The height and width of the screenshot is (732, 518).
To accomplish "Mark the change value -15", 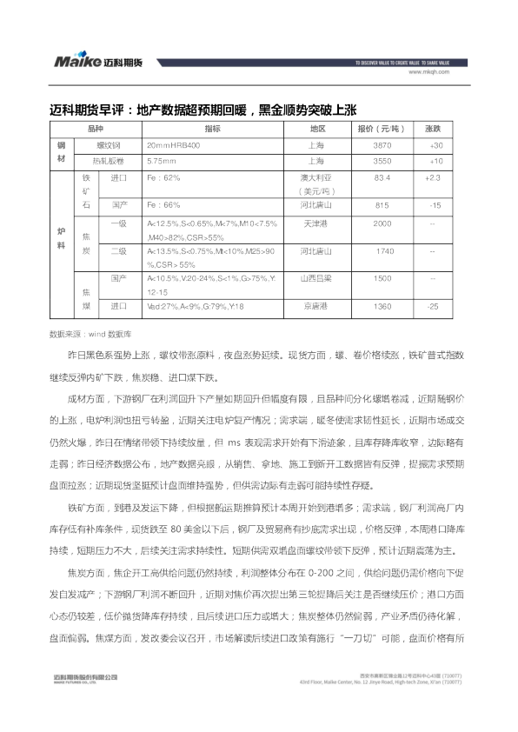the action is coord(434,206).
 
